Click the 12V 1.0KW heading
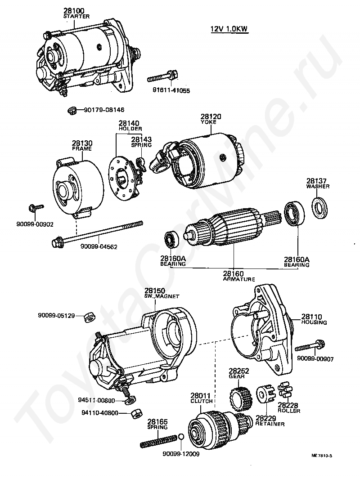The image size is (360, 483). [229, 29]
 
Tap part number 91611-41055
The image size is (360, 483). [171, 90]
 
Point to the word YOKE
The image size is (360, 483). [208, 122]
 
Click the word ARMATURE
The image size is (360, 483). [239, 279]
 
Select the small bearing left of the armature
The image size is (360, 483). [170, 240]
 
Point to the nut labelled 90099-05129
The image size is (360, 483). [90, 317]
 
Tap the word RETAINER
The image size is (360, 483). [270, 424]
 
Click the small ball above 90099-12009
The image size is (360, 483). [181, 437]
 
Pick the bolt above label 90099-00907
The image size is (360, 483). [310, 346]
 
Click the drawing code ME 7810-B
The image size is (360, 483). [321, 456]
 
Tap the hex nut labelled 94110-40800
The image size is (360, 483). [136, 412]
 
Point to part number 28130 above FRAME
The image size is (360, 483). [82, 143]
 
